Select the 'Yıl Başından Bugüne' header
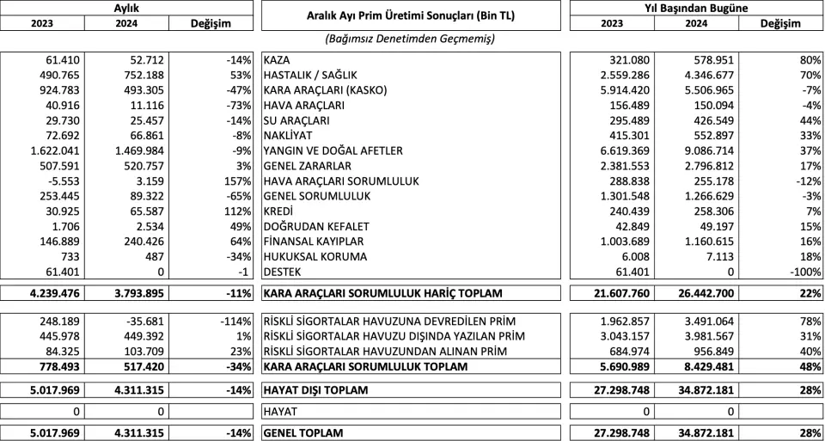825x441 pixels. (x=696, y=8)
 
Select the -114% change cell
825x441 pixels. (x=233, y=321)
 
